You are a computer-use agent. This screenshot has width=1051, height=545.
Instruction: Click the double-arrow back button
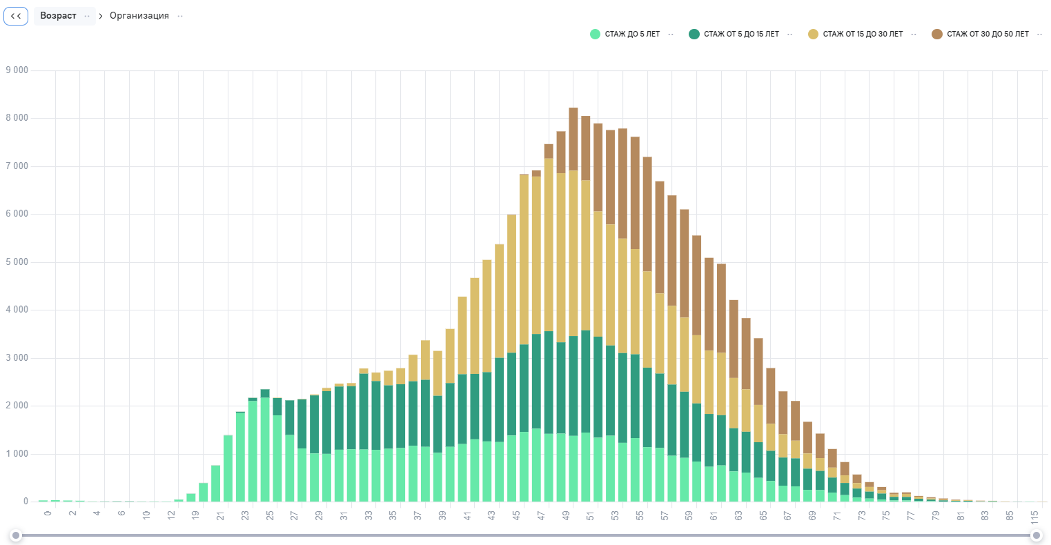click(x=16, y=16)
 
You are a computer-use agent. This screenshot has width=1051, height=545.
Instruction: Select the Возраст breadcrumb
click(x=58, y=16)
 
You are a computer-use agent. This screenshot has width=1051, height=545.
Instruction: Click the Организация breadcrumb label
click(x=139, y=16)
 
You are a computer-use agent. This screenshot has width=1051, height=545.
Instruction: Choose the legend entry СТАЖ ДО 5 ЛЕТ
click(x=631, y=34)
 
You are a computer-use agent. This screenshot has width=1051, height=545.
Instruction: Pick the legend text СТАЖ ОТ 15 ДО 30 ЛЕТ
click(x=862, y=34)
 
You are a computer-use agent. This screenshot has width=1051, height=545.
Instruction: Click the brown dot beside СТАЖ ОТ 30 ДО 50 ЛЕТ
click(x=936, y=34)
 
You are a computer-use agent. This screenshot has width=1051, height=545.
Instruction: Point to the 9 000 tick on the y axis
click(x=17, y=70)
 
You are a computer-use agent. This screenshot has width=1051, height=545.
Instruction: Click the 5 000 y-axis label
click(x=17, y=262)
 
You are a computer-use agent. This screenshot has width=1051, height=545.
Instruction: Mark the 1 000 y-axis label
click(x=17, y=454)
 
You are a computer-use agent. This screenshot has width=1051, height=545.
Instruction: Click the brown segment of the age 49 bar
click(x=573, y=138)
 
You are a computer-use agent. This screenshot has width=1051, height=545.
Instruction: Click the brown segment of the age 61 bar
click(x=709, y=304)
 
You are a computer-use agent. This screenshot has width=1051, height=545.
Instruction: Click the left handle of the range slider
click(x=16, y=535)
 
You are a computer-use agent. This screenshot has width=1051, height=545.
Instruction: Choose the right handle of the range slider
click(x=1036, y=535)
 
